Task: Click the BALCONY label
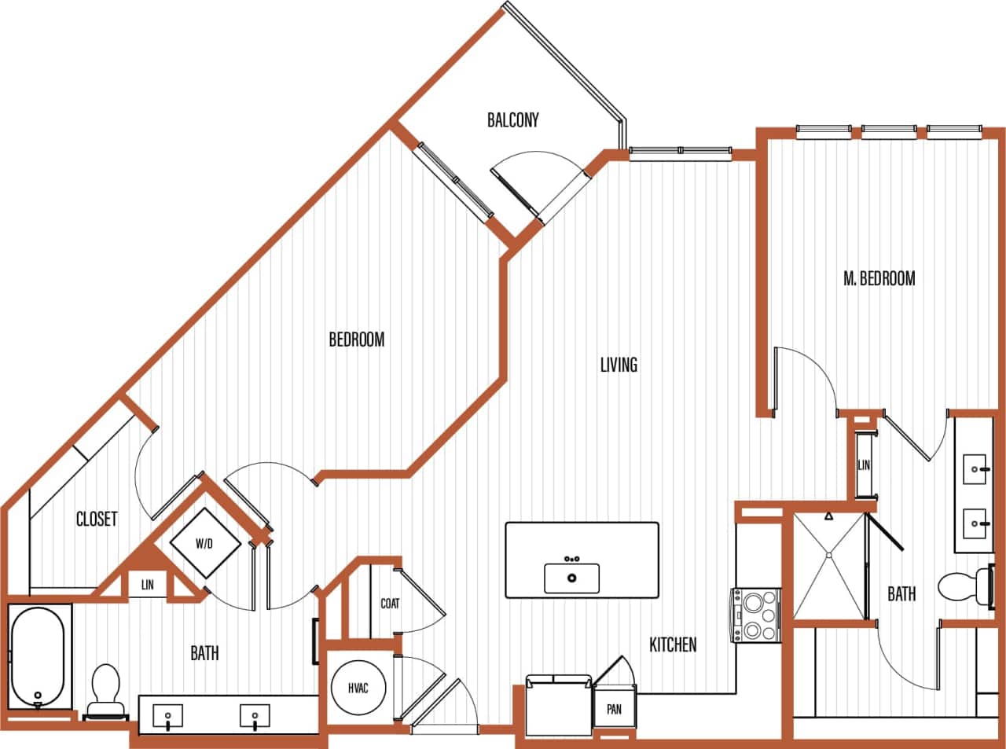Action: tap(512, 119)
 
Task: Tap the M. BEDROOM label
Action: tap(879, 278)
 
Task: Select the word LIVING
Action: tap(619, 365)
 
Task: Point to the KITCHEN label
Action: tap(673, 644)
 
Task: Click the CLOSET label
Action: tap(97, 519)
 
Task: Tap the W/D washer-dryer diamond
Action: tap(206, 543)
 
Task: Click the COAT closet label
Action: tap(390, 604)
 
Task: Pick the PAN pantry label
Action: tap(614, 709)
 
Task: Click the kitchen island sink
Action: tap(571, 578)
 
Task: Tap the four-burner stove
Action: tap(757, 615)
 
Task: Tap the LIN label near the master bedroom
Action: tap(865, 465)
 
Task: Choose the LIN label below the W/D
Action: tap(147, 585)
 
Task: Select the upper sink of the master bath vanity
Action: tap(976, 470)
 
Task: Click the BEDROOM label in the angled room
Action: tap(356, 340)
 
